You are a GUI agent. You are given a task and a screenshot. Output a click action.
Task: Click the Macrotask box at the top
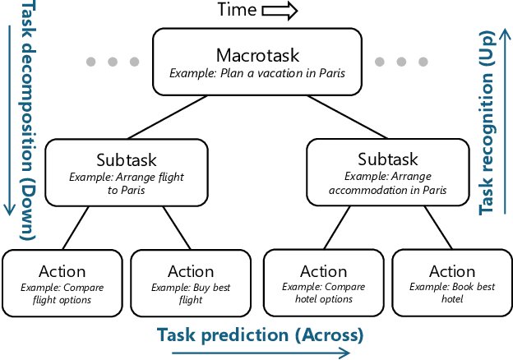(x=256, y=62)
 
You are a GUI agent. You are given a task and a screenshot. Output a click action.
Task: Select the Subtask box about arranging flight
(x=127, y=172)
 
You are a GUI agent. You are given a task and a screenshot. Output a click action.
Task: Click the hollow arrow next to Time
(x=280, y=11)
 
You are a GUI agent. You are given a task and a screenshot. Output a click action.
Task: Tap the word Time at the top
(x=236, y=11)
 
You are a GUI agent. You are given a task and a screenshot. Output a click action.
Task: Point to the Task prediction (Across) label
(x=259, y=335)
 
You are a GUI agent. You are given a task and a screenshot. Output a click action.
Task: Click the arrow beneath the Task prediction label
(x=261, y=353)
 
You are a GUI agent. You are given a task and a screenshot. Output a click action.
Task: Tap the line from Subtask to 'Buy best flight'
(x=176, y=227)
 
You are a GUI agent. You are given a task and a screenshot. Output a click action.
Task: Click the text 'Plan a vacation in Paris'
(x=257, y=73)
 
